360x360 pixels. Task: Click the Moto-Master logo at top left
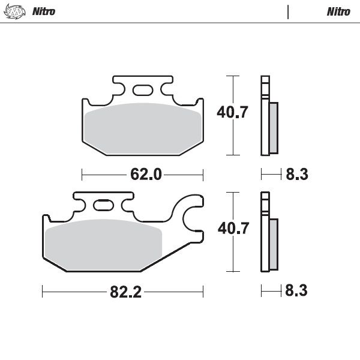click(x=18, y=11)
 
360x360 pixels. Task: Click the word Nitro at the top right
click(x=338, y=11)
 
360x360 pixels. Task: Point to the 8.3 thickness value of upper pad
click(x=297, y=175)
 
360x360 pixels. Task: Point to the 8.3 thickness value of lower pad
click(x=297, y=292)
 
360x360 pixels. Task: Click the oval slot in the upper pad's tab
click(x=143, y=91)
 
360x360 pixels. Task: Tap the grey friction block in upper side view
click(x=273, y=127)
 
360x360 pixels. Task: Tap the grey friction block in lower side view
click(x=273, y=244)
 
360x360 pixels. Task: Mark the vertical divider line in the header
click(x=289, y=11)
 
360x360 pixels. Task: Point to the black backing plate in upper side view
click(x=263, y=120)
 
